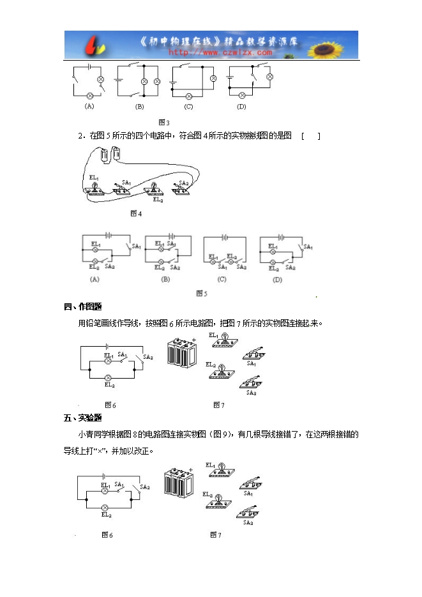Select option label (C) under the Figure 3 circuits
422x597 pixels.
coord(188,107)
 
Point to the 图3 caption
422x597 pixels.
coord(164,122)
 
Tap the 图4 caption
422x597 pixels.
coord(136,213)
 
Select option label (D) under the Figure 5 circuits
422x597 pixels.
coord(277,279)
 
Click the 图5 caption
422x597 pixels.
coord(202,293)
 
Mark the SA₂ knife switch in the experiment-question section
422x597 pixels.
coord(249,511)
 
